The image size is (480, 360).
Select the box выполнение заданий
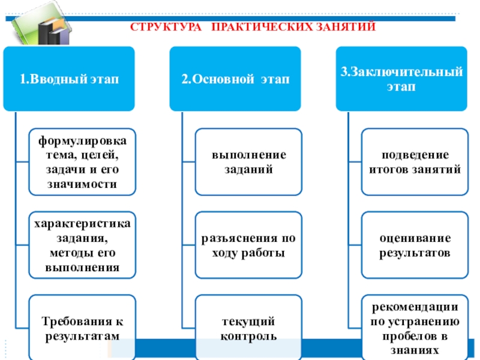click(x=248, y=162)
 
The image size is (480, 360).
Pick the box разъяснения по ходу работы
click(x=248, y=245)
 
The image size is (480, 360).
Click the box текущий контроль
click(x=248, y=328)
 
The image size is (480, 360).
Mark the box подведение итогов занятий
click(x=415, y=162)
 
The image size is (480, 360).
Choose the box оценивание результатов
click(x=415, y=245)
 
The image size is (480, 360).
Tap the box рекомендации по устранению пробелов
click(x=415, y=328)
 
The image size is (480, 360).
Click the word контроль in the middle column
click(x=248, y=335)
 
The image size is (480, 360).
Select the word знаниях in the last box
click(x=415, y=350)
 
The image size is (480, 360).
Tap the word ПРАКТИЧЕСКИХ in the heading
click(x=258, y=27)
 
